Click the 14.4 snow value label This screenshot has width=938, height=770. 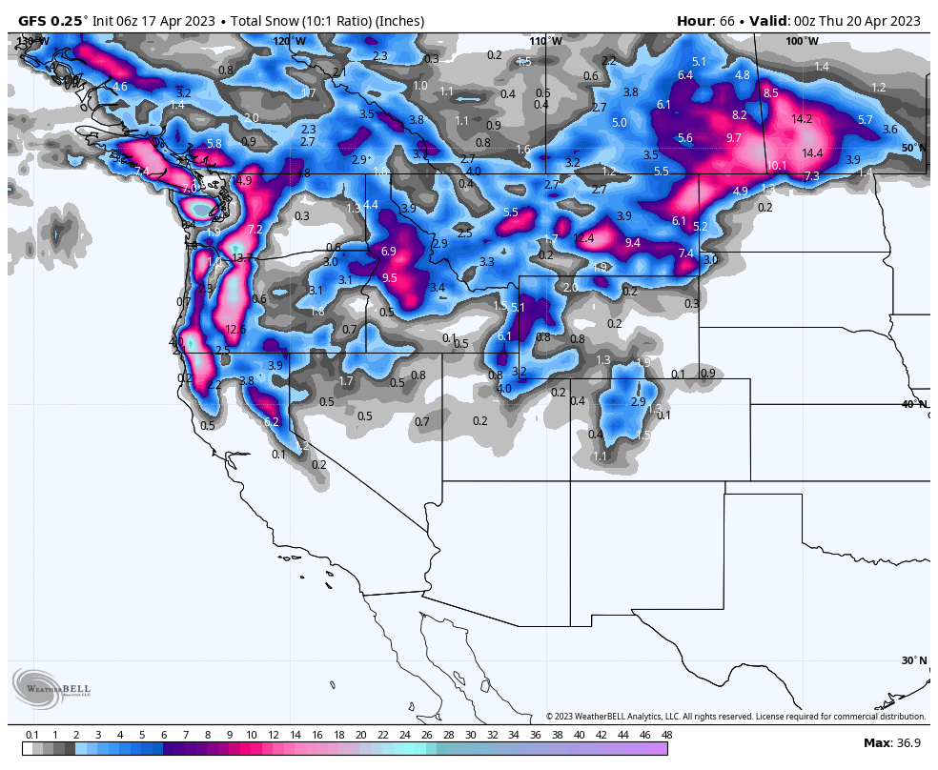(812, 153)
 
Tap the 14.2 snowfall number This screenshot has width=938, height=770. (802, 119)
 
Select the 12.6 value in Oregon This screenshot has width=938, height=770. (235, 330)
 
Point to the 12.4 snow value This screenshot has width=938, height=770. (583, 238)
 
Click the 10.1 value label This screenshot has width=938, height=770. (777, 166)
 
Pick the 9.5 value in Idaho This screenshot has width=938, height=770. (389, 278)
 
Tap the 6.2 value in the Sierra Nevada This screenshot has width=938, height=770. (271, 421)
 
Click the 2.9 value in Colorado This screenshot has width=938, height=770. (638, 402)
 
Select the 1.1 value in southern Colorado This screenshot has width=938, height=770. (600, 456)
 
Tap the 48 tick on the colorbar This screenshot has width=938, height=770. (666, 735)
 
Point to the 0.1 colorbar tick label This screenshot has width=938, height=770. (32, 735)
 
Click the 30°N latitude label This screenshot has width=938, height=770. (913, 660)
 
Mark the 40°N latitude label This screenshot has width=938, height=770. (913, 404)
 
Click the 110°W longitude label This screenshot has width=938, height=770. (546, 41)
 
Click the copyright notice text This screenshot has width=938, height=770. (735, 717)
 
